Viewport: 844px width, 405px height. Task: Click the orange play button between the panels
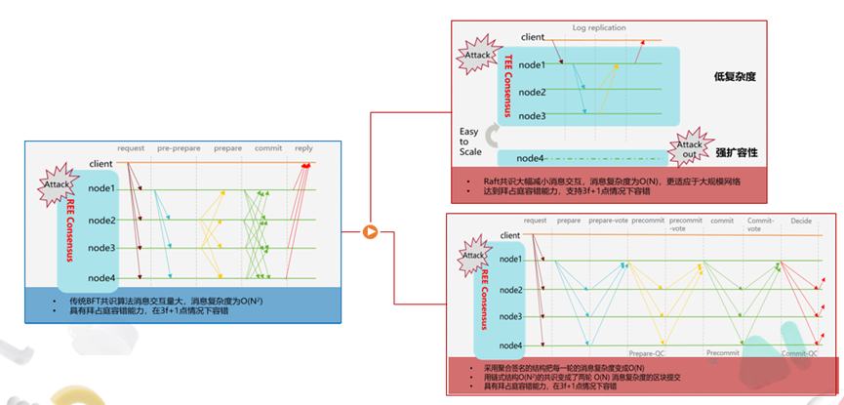coord(371,231)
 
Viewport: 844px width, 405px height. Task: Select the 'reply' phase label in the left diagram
coord(303,149)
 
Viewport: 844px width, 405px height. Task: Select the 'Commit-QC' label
coord(798,353)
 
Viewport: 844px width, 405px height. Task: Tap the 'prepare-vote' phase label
coord(606,222)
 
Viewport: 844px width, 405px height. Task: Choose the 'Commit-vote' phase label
coord(760,225)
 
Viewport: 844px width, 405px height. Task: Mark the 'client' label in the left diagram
coord(101,163)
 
